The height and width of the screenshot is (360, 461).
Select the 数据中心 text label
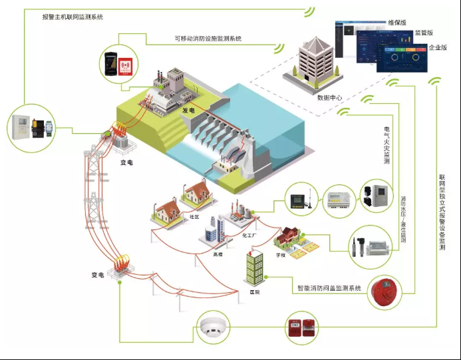point(329,97)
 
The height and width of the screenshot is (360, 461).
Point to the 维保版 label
point(397,22)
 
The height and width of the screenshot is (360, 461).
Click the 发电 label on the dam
point(188,110)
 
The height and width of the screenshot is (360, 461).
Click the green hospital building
point(254,268)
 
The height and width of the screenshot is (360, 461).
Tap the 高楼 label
point(218,254)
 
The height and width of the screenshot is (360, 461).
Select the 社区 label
point(194,217)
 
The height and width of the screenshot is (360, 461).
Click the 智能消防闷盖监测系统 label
point(329,288)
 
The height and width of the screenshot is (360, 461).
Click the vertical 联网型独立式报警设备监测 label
point(442,212)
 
